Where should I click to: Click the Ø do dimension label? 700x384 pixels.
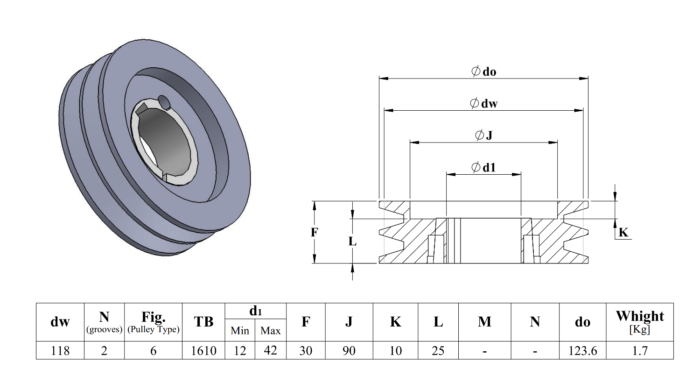pos(483,71)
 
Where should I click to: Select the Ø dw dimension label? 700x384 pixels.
pos(483,103)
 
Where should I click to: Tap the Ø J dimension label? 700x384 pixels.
pos(483,135)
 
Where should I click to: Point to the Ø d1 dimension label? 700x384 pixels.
pos(483,167)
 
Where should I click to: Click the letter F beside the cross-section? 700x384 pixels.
pos(315,232)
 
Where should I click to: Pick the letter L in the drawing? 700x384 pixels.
pos(352,242)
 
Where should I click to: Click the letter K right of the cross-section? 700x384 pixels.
pos(623,232)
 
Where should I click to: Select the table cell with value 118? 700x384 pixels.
pos(60,351)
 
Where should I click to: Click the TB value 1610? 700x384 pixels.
pos(203,351)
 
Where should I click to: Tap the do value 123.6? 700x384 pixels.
pos(582,351)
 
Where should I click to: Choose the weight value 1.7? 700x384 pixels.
pos(640,351)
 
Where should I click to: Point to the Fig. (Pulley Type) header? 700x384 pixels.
pos(153,322)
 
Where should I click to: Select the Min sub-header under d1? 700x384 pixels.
pos(240,331)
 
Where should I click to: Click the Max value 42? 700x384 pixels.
pos(271,350)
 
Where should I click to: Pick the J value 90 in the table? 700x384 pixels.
pos(349,351)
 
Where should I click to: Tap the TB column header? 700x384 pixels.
pos(203,322)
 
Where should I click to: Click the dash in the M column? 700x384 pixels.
pos(485,351)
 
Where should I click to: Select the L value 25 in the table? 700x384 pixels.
pos(438,351)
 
